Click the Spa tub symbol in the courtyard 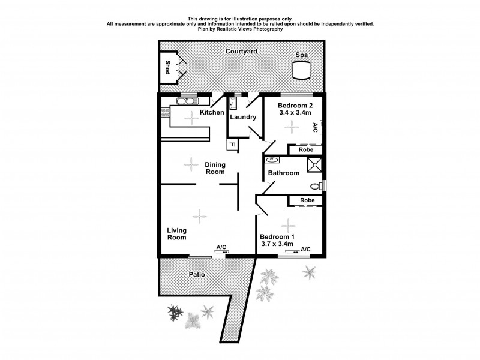301,71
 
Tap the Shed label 167,67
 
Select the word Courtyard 241,52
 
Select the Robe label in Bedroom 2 307,149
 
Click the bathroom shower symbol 314,164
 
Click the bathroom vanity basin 272,160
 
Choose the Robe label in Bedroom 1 307,200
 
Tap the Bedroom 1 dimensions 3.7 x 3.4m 277,244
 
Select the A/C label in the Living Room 221,247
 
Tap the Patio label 197,274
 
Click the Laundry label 243,117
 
